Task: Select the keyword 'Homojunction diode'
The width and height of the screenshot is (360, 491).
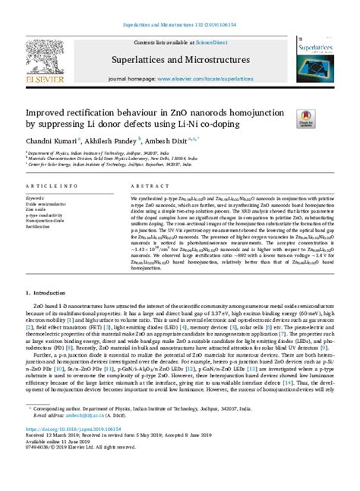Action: [47, 220]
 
